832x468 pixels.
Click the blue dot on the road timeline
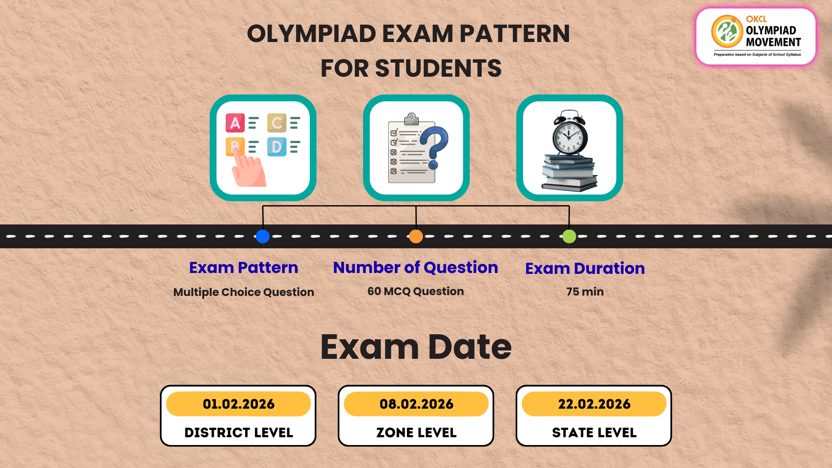click(x=263, y=236)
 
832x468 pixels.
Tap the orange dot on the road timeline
click(x=416, y=236)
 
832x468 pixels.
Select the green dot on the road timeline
click(x=569, y=236)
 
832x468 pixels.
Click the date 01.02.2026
click(x=239, y=404)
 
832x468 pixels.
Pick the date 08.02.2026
click(x=416, y=404)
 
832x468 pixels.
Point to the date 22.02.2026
click(x=594, y=404)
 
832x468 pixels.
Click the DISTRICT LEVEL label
click(x=239, y=432)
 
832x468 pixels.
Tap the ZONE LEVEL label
click(x=416, y=432)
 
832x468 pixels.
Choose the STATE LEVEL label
click(x=594, y=432)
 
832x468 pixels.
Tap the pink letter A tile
click(x=235, y=123)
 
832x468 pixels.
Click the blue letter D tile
click(x=276, y=147)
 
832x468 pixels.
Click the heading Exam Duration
click(x=585, y=268)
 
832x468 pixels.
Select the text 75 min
click(x=585, y=292)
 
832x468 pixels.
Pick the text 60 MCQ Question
click(x=416, y=291)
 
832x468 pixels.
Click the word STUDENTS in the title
click(x=438, y=68)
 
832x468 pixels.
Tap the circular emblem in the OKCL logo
click(x=727, y=32)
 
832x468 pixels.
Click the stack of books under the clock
click(x=569, y=173)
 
